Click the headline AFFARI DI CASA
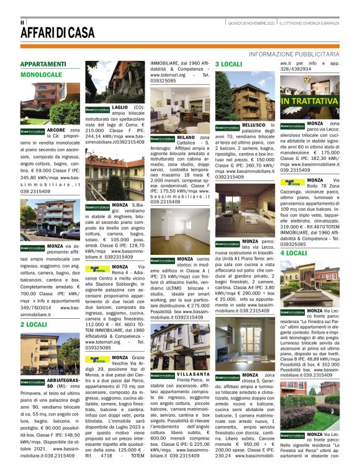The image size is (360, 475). pos(56,34)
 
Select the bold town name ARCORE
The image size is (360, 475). pos(56,130)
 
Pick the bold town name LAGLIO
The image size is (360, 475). pos(120,107)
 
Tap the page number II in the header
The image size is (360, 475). pos(23,22)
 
